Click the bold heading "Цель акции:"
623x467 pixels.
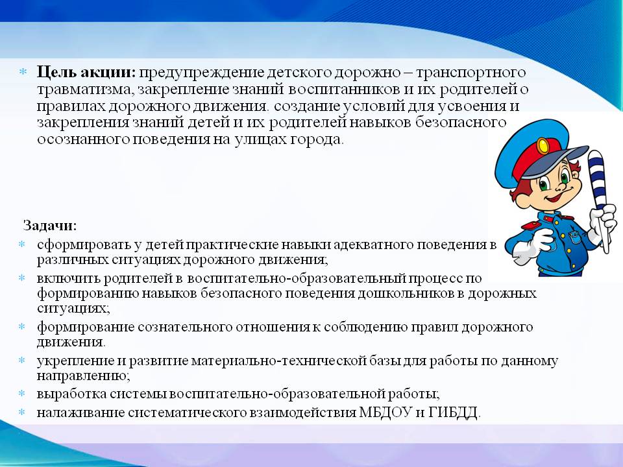point(86,72)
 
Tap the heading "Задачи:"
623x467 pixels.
point(50,226)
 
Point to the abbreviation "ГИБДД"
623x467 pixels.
point(454,413)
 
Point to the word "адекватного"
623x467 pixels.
point(373,245)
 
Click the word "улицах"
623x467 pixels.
point(260,140)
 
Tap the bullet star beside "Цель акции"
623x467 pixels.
point(23,72)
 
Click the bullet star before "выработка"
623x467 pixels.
point(22,394)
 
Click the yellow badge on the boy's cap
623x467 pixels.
point(543,146)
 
